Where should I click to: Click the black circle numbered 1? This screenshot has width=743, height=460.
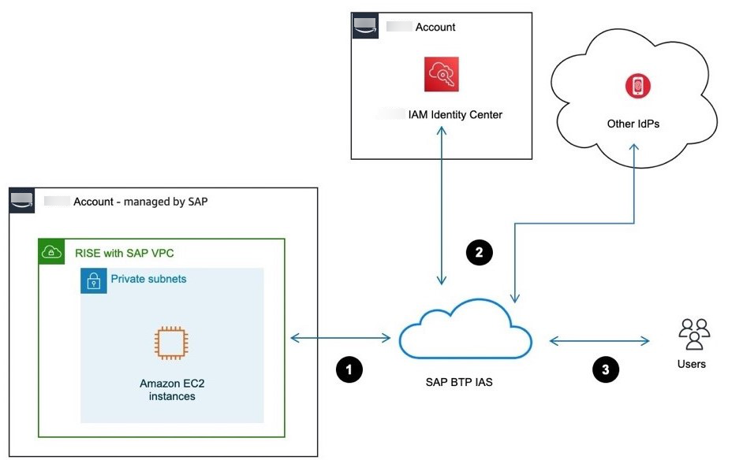click(349, 369)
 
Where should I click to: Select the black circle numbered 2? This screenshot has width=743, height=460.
click(480, 252)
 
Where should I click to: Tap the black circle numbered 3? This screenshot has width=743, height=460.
click(605, 369)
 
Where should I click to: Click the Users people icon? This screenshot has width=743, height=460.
click(694, 334)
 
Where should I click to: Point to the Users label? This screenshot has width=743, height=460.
click(692, 364)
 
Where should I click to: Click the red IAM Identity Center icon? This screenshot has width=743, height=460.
click(441, 74)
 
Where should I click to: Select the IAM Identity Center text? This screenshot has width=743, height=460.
click(455, 115)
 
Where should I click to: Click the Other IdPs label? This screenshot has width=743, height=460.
click(633, 124)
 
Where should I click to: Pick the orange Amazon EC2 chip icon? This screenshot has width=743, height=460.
click(172, 344)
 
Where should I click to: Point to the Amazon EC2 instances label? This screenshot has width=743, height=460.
click(172, 390)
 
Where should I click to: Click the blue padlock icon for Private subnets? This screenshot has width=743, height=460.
click(94, 280)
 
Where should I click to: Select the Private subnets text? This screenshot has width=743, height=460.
click(148, 279)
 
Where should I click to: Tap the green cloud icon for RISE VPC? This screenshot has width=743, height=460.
click(51, 252)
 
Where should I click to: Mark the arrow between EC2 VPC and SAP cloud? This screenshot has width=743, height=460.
click(341, 339)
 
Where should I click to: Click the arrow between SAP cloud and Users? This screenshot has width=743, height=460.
click(599, 341)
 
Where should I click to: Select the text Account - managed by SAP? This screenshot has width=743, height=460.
click(140, 202)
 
